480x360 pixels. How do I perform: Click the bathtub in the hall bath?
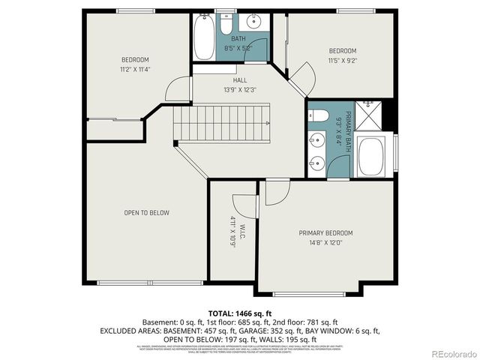click(x=203, y=37)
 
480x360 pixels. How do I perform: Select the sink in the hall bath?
click(x=254, y=21)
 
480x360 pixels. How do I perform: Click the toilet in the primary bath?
click(x=317, y=115)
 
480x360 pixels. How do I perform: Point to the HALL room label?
click(x=240, y=81)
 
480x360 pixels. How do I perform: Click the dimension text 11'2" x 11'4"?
click(x=136, y=70)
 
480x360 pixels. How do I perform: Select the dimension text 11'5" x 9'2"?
click(x=342, y=61)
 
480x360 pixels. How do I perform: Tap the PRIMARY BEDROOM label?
click(x=325, y=233)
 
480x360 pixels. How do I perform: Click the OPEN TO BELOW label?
click(x=146, y=213)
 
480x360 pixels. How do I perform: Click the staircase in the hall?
click(x=221, y=124)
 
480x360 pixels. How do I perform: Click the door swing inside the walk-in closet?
click(x=243, y=204)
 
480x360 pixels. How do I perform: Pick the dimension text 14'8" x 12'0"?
click(x=325, y=242)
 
